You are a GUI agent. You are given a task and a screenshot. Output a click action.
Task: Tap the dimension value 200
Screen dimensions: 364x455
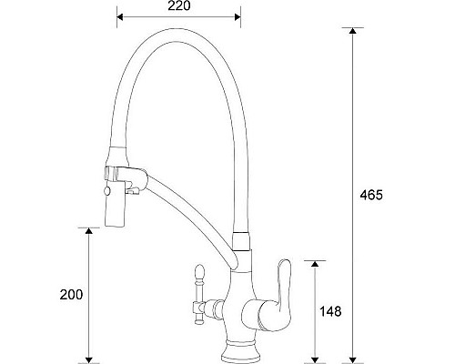[71, 295]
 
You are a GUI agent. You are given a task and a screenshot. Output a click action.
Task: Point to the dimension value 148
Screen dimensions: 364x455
[331, 312]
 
